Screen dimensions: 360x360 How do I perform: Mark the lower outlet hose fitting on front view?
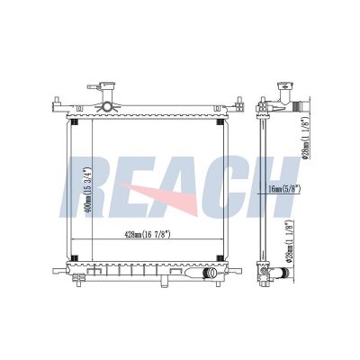click(x=209, y=273)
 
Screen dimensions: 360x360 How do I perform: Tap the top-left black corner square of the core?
click(x=73, y=122)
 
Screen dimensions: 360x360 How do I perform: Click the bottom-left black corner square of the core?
click(x=73, y=260)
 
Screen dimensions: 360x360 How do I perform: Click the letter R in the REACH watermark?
click(x=83, y=187)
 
